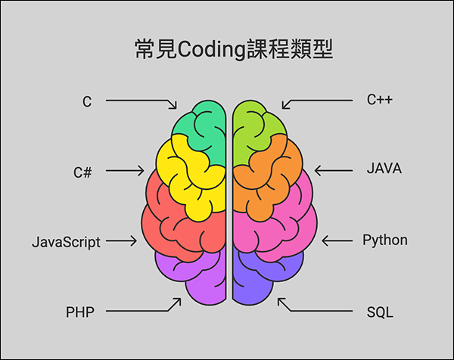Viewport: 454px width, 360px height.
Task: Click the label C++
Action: pyautogui.click(x=380, y=100)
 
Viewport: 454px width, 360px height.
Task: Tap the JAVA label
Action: pyautogui.click(x=384, y=169)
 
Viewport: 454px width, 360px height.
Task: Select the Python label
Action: pyautogui.click(x=385, y=241)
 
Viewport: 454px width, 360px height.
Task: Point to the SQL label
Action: pyautogui.click(x=379, y=311)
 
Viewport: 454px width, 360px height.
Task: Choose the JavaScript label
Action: pyautogui.click(x=67, y=243)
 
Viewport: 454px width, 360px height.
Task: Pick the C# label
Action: pyautogui.click(x=83, y=171)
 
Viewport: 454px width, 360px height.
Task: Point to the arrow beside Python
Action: pyautogui.click(x=338, y=241)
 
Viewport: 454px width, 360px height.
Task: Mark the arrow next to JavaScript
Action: pyautogui.click(x=121, y=241)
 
